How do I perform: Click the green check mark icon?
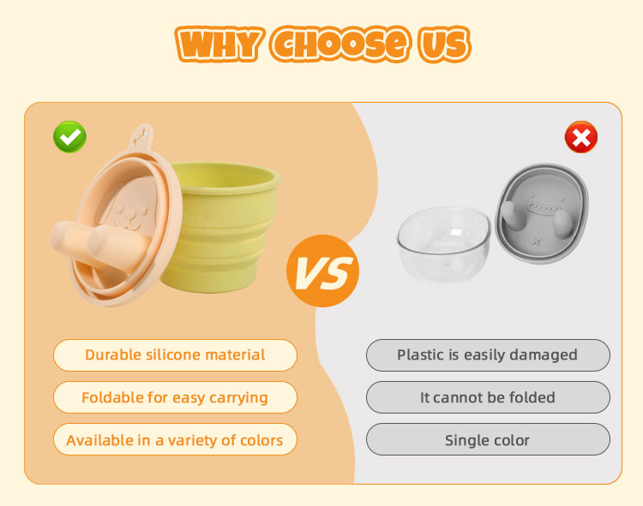(69, 137)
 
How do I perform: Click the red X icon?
(580, 137)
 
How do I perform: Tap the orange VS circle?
(322, 271)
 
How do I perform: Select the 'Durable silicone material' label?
(175, 355)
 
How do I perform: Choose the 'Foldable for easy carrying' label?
(175, 398)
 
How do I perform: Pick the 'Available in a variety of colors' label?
(175, 441)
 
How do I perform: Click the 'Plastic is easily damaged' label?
(487, 355)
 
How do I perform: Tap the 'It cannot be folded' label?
(487, 398)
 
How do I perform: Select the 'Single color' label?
(487, 441)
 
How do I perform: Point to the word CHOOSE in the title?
(338, 44)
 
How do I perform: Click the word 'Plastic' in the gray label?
(419, 355)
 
